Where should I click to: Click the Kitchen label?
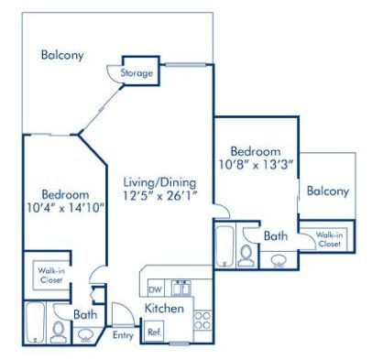coord(165,310)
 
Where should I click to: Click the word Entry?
coord(123,336)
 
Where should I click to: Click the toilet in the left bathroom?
coord(60,330)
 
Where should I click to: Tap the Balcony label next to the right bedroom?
coord(327,191)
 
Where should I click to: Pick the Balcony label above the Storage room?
coord(62,55)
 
